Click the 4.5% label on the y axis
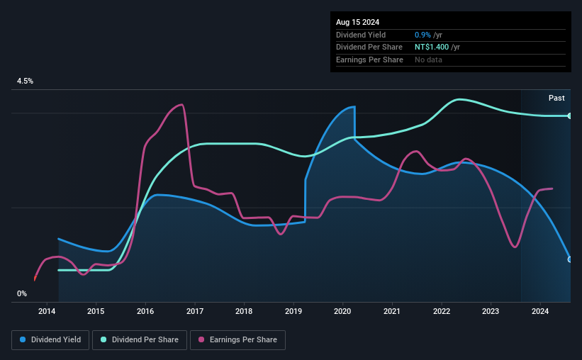pyautogui.click(x=26, y=81)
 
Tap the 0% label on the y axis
pyautogui.click(x=22, y=293)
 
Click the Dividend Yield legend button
pyautogui.click(x=51, y=340)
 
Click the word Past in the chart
pyautogui.click(x=556, y=98)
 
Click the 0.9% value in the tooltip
pyautogui.click(x=422, y=35)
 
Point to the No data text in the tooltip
pyautogui.click(x=428, y=60)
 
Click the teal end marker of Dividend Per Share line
pyautogui.click(x=570, y=116)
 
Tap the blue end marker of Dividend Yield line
pyautogui.click(x=570, y=259)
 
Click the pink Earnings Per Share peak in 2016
pyautogui.click(x=182, y=105)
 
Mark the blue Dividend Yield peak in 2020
pyautogui.click(x=353, y=107)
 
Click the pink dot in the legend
pyautogui.click(x=202, y=340)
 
